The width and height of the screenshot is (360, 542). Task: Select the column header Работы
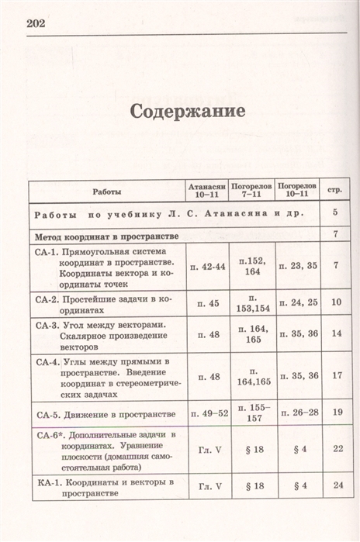(107, 191)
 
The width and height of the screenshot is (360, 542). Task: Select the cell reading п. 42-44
(207, 266)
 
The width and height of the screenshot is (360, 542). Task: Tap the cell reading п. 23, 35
(298, 266)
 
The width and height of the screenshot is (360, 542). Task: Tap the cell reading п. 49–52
(207, 413)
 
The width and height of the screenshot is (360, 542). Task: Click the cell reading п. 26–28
(298, 413)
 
